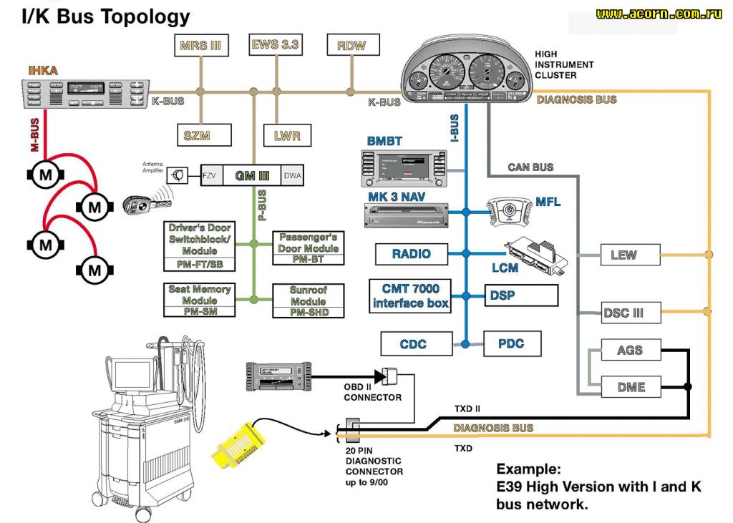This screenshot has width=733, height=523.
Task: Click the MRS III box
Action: pos(200,45)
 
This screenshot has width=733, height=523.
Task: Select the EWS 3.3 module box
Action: pos(276,44)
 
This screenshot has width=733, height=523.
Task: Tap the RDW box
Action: pos(351,45)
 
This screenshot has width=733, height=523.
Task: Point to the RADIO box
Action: pos(412,253)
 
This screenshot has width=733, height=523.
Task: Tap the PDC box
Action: pos(512,344)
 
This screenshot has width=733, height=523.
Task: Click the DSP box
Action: pos(520,295)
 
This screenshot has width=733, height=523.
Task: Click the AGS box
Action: pos(629,350)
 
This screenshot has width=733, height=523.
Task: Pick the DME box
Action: pos(631,387)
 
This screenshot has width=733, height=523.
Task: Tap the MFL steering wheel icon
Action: pos(510,211)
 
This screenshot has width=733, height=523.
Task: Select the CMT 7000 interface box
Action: pos(411,295)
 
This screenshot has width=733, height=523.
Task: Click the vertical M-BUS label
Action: pos(34,135)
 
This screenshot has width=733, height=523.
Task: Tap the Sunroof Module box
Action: pos(308,300)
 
